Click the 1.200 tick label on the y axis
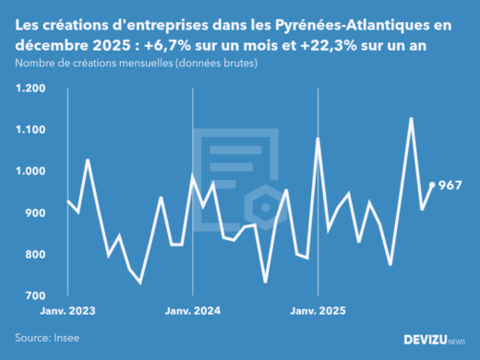[x=30, y=89]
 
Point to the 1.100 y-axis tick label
[x=30, y=130]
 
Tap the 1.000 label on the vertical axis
[x=30, y=172]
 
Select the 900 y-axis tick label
[x=34, y=213]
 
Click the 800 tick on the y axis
[x=34, y=255]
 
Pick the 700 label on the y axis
[x=34, y=296]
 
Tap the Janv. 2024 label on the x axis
[x=192, y=312]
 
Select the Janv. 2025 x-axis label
[x=318, y=312]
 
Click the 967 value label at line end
[x=450, y=186]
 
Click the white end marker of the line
[x=432, y=186]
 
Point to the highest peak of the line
[x=411, y=118]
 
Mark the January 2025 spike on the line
[x=318, y=138]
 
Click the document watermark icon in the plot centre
[x=238, y=175]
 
